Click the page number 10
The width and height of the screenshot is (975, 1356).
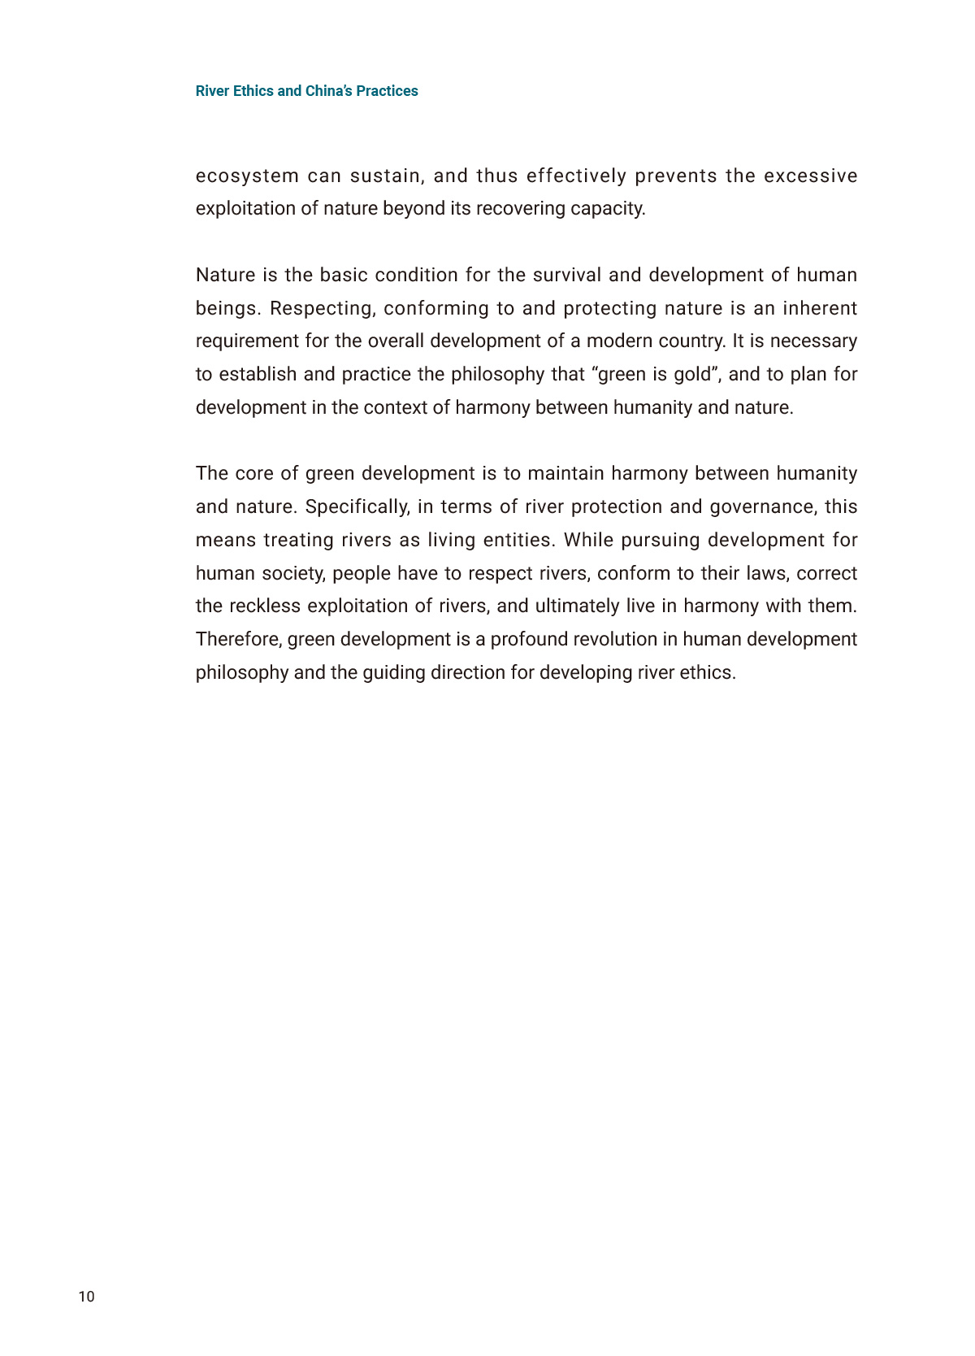(x=86, y=1296)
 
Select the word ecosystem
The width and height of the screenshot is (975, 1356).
(x=247, y=176)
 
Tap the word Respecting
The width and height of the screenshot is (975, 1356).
(x=322, y=308)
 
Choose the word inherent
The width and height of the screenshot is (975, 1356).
(x=820, y=308)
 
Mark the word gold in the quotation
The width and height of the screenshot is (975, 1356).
(x=692, y=374)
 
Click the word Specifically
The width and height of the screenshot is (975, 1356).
(x=357, y=506)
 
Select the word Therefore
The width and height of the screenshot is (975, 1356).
(x=239, y=639)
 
